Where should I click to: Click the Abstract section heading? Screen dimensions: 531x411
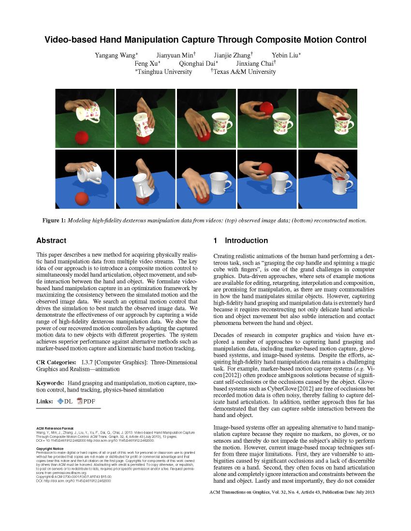tap(51, 240)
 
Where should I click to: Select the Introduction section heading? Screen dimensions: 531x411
tap(246, 240)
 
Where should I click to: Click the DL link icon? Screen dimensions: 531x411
tap(60, 402)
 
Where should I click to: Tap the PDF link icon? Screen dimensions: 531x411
tap(80, 402)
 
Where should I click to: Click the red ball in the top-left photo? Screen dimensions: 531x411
tap(83, 138)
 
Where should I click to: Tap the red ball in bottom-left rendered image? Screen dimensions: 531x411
tap(82, 198)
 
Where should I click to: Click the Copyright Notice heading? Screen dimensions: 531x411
tap(51, 448)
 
